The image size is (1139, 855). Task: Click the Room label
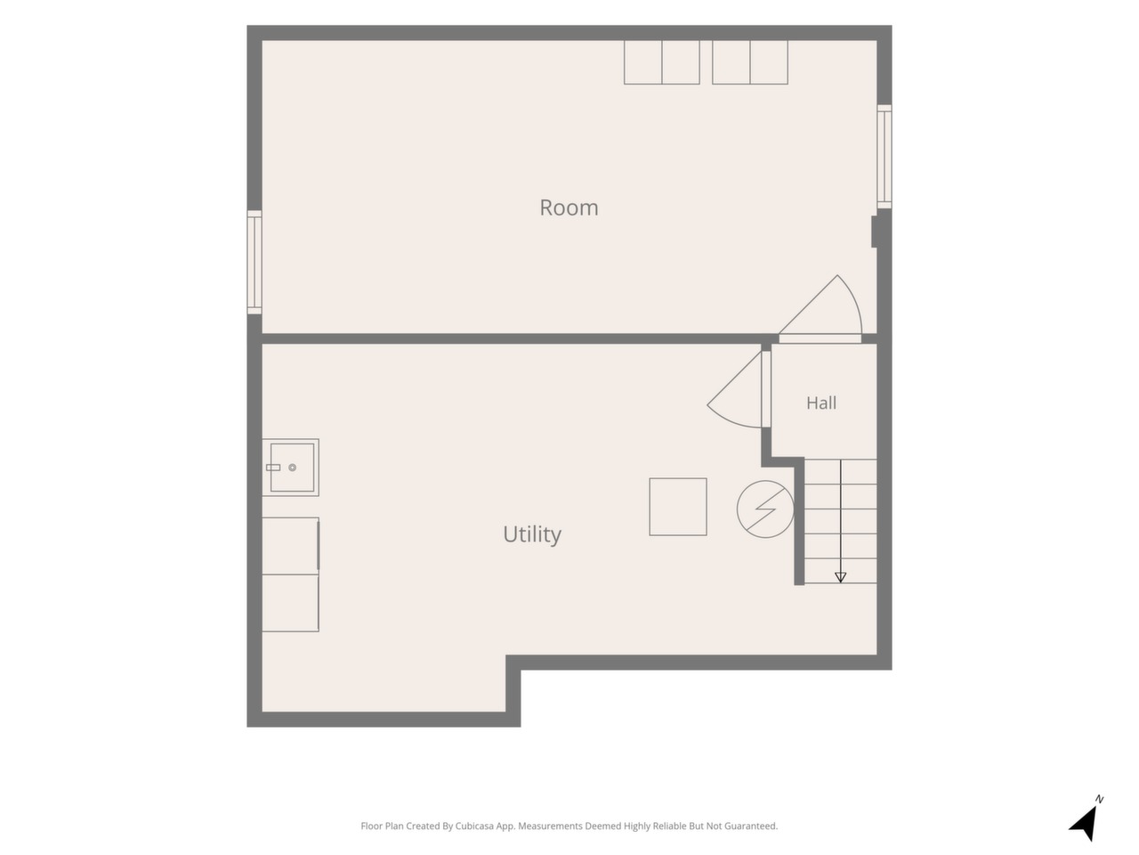point(569,208)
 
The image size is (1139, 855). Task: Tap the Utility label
point(532,534)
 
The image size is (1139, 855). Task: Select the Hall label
point(821,403)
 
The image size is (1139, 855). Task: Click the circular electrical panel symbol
point(765,509)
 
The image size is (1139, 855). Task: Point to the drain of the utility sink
point(292,468)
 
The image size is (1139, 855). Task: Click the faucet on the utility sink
point(273,468)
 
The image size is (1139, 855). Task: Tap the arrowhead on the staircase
point(840,577)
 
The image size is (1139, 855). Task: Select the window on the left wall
point(254,262)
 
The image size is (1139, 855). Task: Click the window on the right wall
point(885,156)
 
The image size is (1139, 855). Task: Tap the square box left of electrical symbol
point(678,507)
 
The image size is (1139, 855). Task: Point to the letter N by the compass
point(1099,799)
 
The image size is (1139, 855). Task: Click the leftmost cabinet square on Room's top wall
point(643,62)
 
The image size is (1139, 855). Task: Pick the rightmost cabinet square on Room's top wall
point(769,62)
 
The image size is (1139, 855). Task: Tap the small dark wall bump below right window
point(874,232)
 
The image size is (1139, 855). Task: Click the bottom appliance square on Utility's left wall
point(290,603)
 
